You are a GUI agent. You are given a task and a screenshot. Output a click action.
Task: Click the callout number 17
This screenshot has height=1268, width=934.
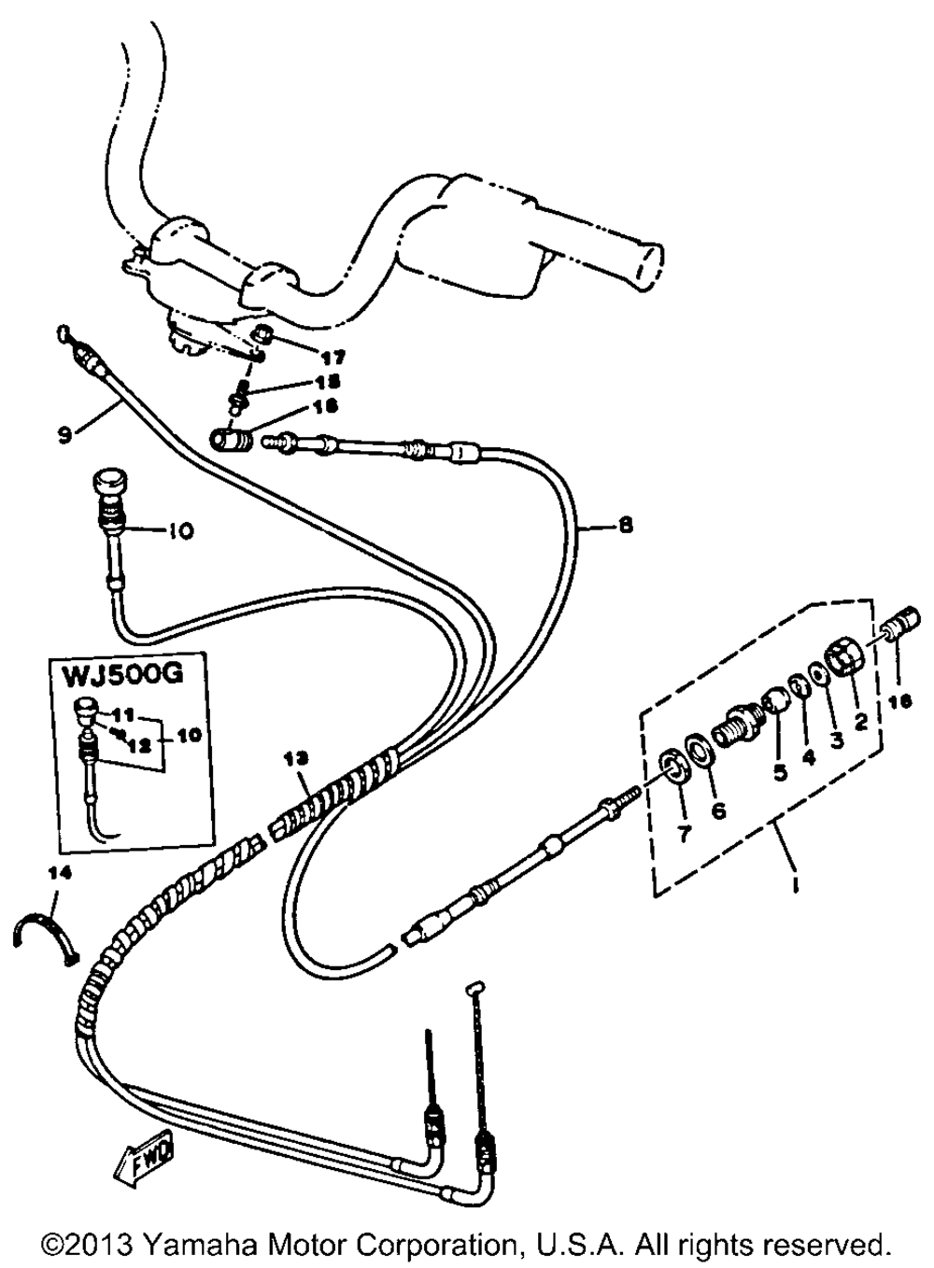pyautogui.click(x=307, y=357)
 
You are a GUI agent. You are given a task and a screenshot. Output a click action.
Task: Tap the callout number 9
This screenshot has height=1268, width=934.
pyautogui.click(x=64, y=434)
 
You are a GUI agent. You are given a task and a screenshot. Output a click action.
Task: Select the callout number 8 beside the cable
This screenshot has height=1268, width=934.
pyautogui.click(x=625, y=526)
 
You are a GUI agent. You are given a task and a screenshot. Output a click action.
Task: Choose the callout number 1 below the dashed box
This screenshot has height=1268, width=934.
pyautogui.click(x=795, y=881)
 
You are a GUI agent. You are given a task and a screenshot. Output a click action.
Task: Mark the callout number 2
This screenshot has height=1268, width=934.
pyautogui.click(x=860, y=720)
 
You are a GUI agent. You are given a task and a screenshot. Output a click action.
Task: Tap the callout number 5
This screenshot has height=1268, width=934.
pyautogui.click(x=780, y=772)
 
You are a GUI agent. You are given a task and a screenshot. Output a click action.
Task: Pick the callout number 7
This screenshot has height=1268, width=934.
pyautogui.click(x=679, y=834)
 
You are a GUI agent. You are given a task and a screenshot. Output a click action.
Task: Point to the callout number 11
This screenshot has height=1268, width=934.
pyautogui.click(x=130, y=715)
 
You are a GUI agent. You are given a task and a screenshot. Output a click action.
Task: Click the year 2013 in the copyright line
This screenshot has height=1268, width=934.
pyautogui.click(x=102, y=1246)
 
